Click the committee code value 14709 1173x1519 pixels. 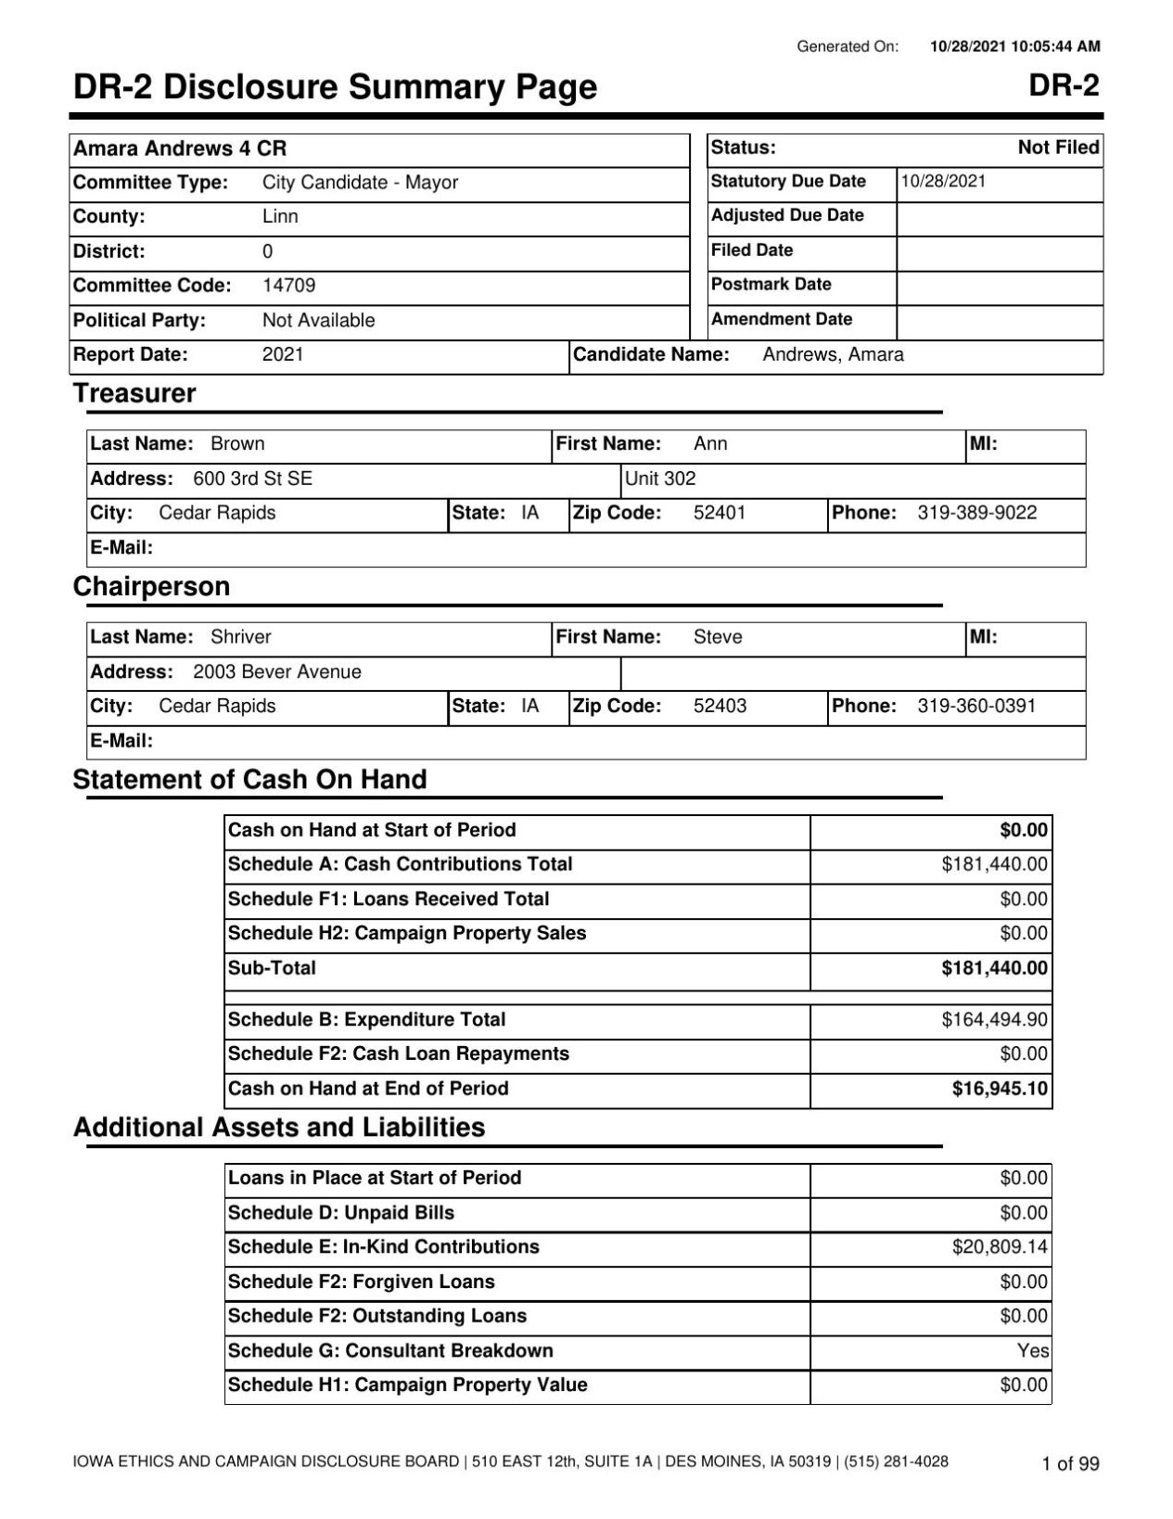click(x=288, y=286)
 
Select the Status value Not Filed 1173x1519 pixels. click(x=1058, y=147)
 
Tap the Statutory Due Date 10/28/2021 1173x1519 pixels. click(x=943, y=182)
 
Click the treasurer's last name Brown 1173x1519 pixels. click(x=237, y=444)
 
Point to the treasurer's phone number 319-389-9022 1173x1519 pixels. click(x=976, y=513)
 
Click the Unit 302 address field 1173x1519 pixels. click(x=660, y=479)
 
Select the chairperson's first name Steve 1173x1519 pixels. click(x=718, y=637)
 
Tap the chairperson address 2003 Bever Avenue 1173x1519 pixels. click(x=277, y=671)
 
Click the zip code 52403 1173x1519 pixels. click(x=720, y=706)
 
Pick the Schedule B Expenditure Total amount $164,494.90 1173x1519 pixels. click(x=994, y=1020)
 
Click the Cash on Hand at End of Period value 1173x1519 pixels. click(x=1000, y=1089)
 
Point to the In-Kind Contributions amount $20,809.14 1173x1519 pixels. click(x=1000, y=1247)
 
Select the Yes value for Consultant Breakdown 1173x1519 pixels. click(x=1032, y=1351)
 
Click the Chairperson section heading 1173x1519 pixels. click(x=151, y=587)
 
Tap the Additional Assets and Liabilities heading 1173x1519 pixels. click(x=278, y=1128)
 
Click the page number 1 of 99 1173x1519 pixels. click(x=1070, y=1464)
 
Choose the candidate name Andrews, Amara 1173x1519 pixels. click(x=833, y=355)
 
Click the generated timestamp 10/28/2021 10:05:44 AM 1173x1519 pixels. click(x=1014, y=46)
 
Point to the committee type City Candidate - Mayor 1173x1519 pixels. click(x=360, y=183)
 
